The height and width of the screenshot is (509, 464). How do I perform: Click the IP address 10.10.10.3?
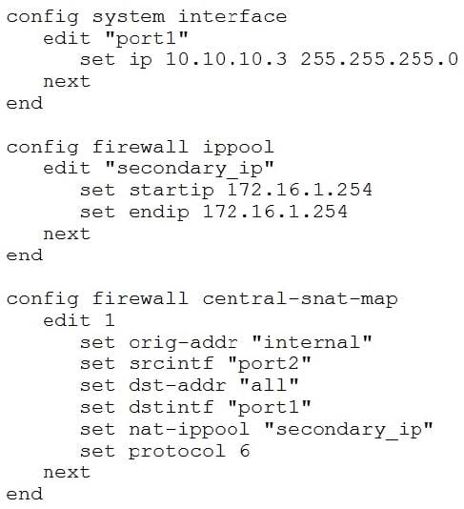point(226,59)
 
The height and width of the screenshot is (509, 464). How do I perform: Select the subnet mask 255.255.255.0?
point(379,59)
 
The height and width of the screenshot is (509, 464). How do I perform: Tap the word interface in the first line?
point(232,16)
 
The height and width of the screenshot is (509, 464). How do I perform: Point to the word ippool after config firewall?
point(238,148)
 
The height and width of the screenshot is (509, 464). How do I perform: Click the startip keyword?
point(171,191)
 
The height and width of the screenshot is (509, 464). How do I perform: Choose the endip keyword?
point(159,213)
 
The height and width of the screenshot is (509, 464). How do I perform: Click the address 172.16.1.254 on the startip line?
point(299,190)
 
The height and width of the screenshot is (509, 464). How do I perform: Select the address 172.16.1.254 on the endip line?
point(274,212)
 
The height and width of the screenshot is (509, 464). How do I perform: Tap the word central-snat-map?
point(300,299)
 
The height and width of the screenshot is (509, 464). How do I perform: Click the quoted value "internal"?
point(312,342)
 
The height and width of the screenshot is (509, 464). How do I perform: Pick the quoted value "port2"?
point(269,364)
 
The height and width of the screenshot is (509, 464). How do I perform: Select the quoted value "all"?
point(269,385)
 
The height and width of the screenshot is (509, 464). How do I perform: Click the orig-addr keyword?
point(183,343)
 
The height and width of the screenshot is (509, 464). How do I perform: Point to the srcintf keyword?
point(171,363)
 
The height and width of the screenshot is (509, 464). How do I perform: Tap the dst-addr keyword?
point(177,385)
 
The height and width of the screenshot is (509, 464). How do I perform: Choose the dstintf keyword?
point(171,407)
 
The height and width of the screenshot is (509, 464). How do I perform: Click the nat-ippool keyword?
point(190,430)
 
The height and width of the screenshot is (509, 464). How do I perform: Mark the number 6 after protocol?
point(245,451)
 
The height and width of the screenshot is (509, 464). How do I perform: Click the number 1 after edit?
point(110,320)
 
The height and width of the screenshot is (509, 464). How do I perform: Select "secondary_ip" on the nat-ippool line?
point(349,430)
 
